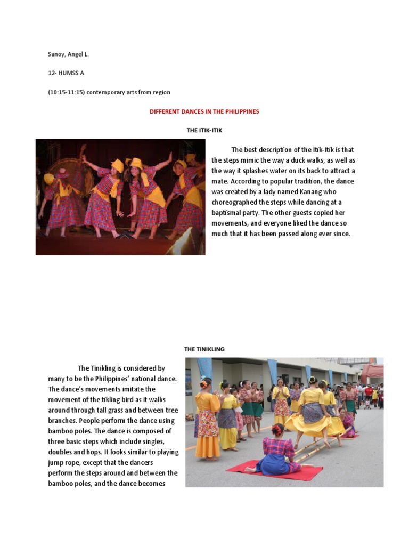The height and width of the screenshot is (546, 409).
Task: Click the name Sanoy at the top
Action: point(56,54)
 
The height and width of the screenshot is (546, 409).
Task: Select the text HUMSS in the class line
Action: point(69,73)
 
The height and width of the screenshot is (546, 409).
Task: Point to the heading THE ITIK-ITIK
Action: point(204,130)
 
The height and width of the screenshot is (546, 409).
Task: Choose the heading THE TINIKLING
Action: point(204,349)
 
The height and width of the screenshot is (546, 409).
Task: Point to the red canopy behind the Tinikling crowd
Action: point(373,371)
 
